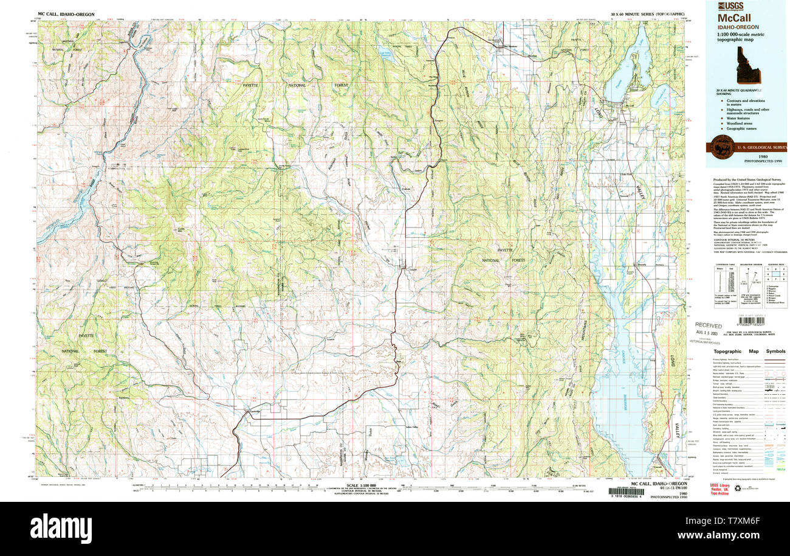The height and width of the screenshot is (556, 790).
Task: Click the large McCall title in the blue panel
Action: point(733,18)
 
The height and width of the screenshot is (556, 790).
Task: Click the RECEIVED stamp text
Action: point(708,325)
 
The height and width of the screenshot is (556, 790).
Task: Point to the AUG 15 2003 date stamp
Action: point(709,333)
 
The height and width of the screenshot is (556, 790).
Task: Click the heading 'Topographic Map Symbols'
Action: point(749,352)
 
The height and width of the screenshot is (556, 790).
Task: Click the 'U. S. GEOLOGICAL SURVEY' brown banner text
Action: point(762,148)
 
